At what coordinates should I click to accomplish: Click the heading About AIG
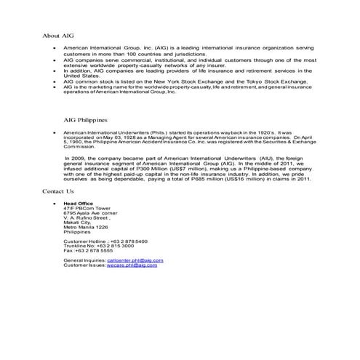[58, 35]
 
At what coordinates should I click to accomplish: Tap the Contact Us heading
[58, 191]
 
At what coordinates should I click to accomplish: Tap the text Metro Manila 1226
[86, 227]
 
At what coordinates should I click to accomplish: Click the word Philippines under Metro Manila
[78, 231]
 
